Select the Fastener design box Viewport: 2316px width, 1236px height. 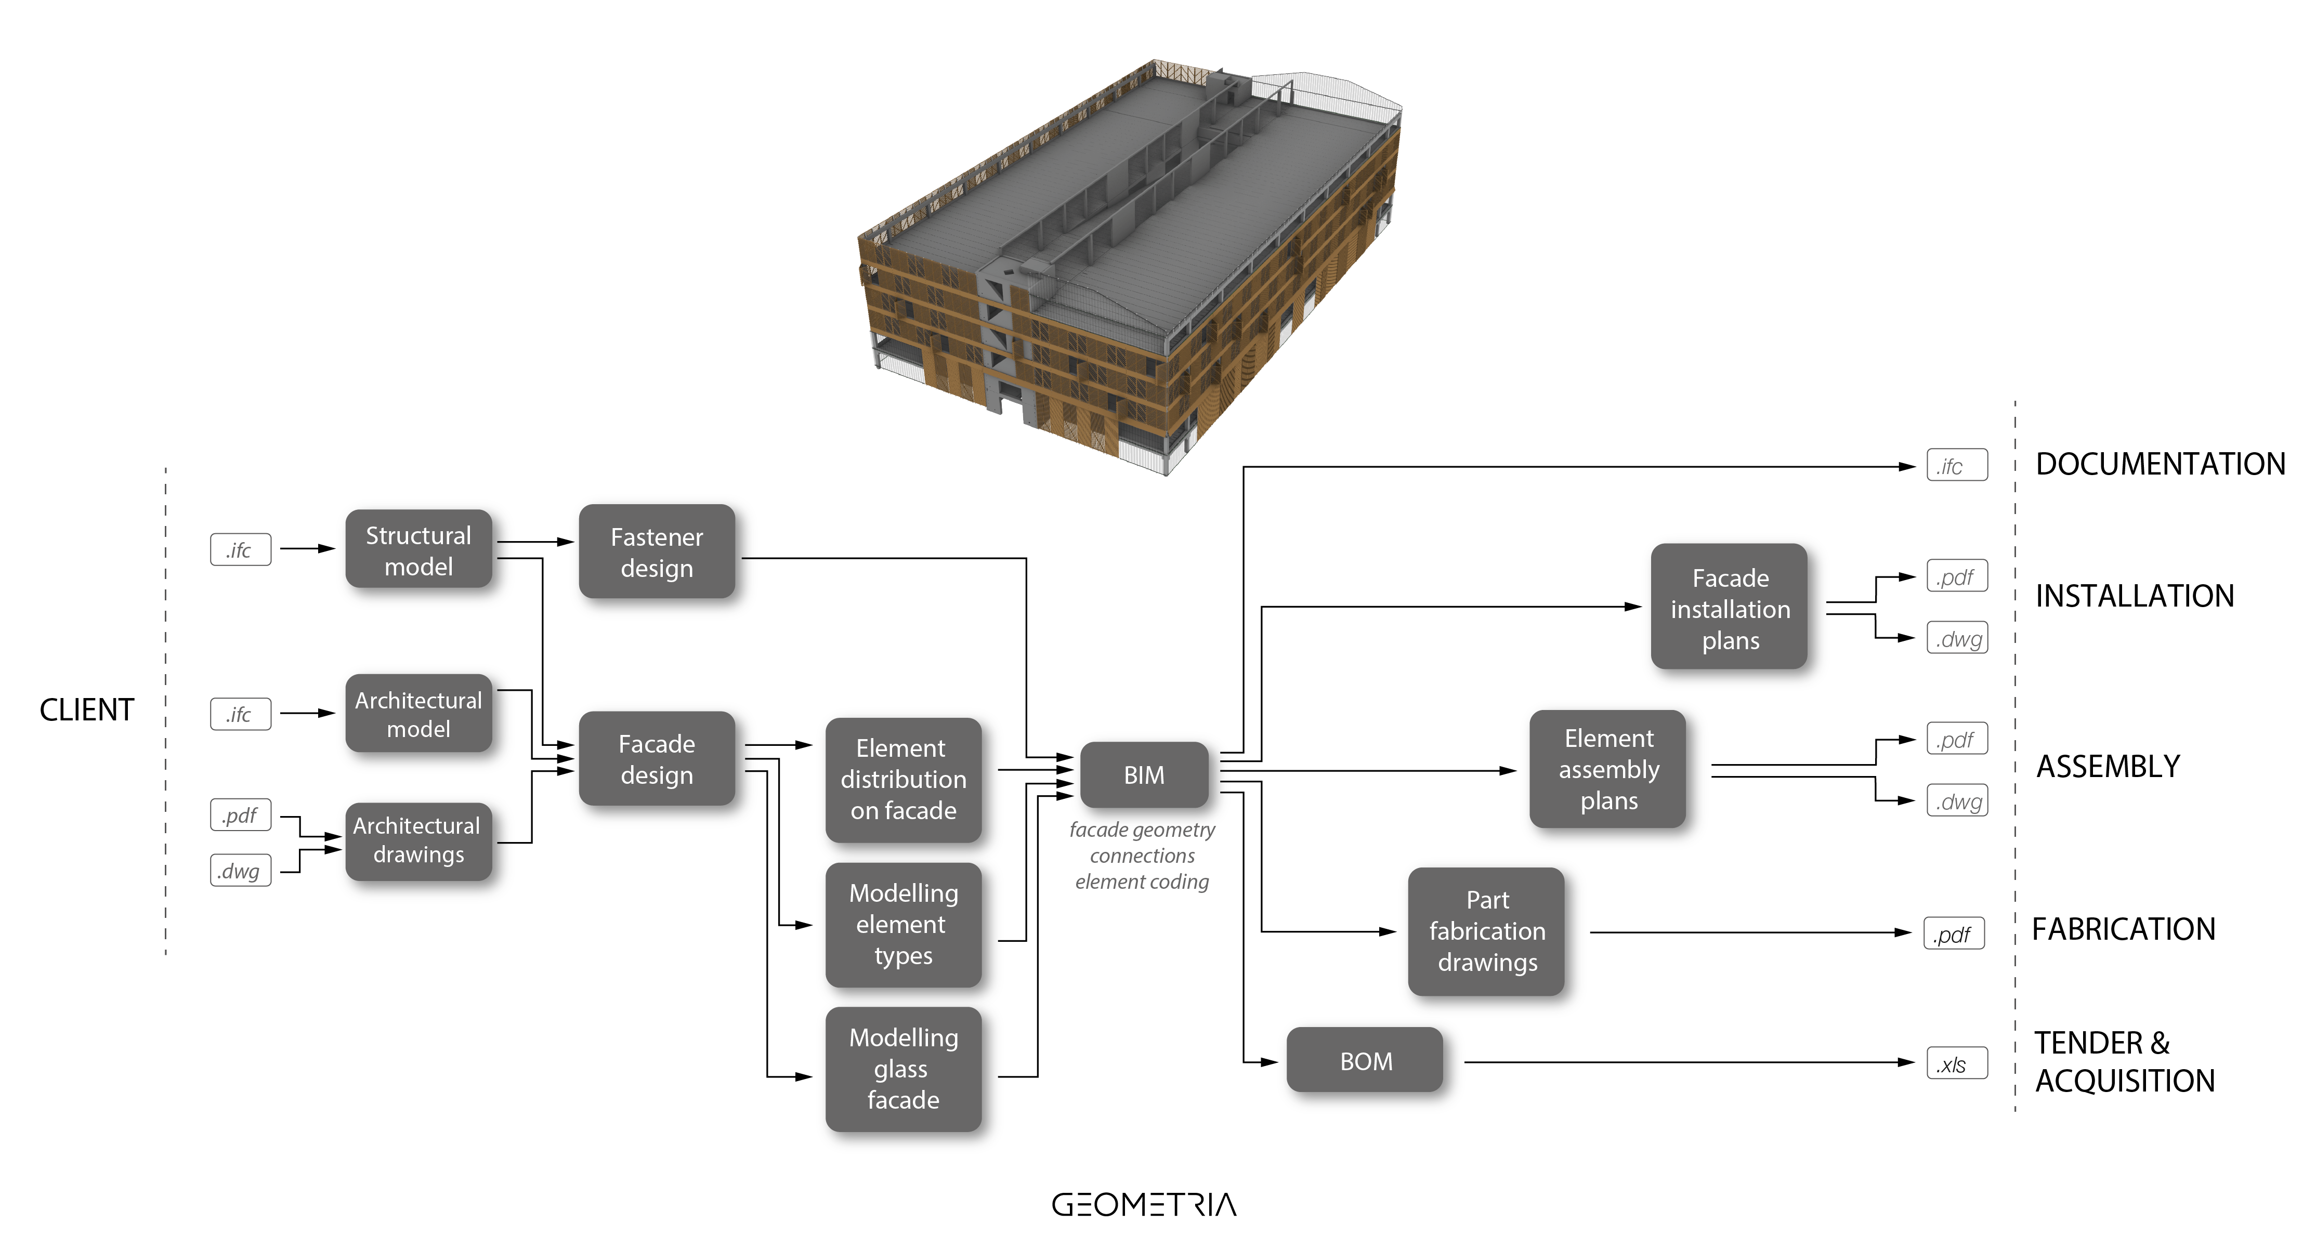[x=656, y=552]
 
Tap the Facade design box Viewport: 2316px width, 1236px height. [x=656, y=759]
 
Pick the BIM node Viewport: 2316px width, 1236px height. [x=1144, y=775]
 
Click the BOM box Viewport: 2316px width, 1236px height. [x=1365, y=1061]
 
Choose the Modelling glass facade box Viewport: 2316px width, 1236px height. [x=902, y=1069]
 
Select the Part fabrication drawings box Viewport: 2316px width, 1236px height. [x=1486, y=931]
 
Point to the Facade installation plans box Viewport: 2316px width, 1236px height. [x=1729, y=608]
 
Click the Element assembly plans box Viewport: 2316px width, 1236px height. [x=1607, y=769]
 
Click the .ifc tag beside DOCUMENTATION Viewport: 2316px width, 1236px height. [x=1956, y=466]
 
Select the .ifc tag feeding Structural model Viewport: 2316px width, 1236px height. [x=240, y=550]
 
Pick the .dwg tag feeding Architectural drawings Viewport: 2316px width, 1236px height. [x=240, y=870]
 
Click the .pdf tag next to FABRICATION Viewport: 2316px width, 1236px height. [x=1954, y=934]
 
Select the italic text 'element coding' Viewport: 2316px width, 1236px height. [x=1142, y=882]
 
